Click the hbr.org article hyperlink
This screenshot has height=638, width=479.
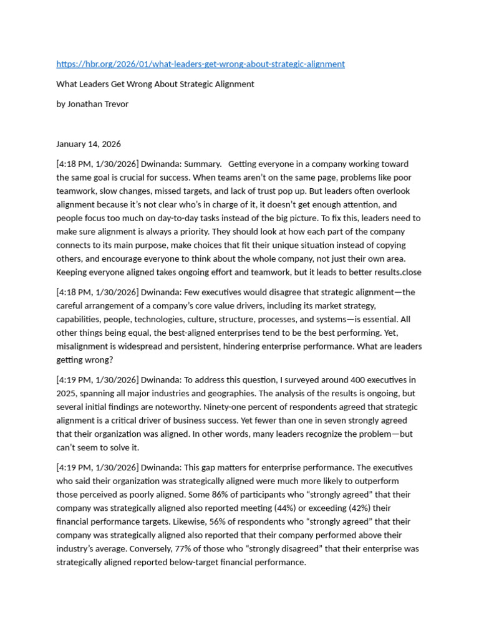point(200,64)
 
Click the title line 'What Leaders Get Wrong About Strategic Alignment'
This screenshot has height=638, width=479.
point(155,84)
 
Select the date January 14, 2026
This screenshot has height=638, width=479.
point(89,144)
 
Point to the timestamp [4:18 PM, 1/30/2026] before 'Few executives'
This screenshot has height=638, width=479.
point(97,292)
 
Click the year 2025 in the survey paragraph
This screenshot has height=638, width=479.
point(68,393)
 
